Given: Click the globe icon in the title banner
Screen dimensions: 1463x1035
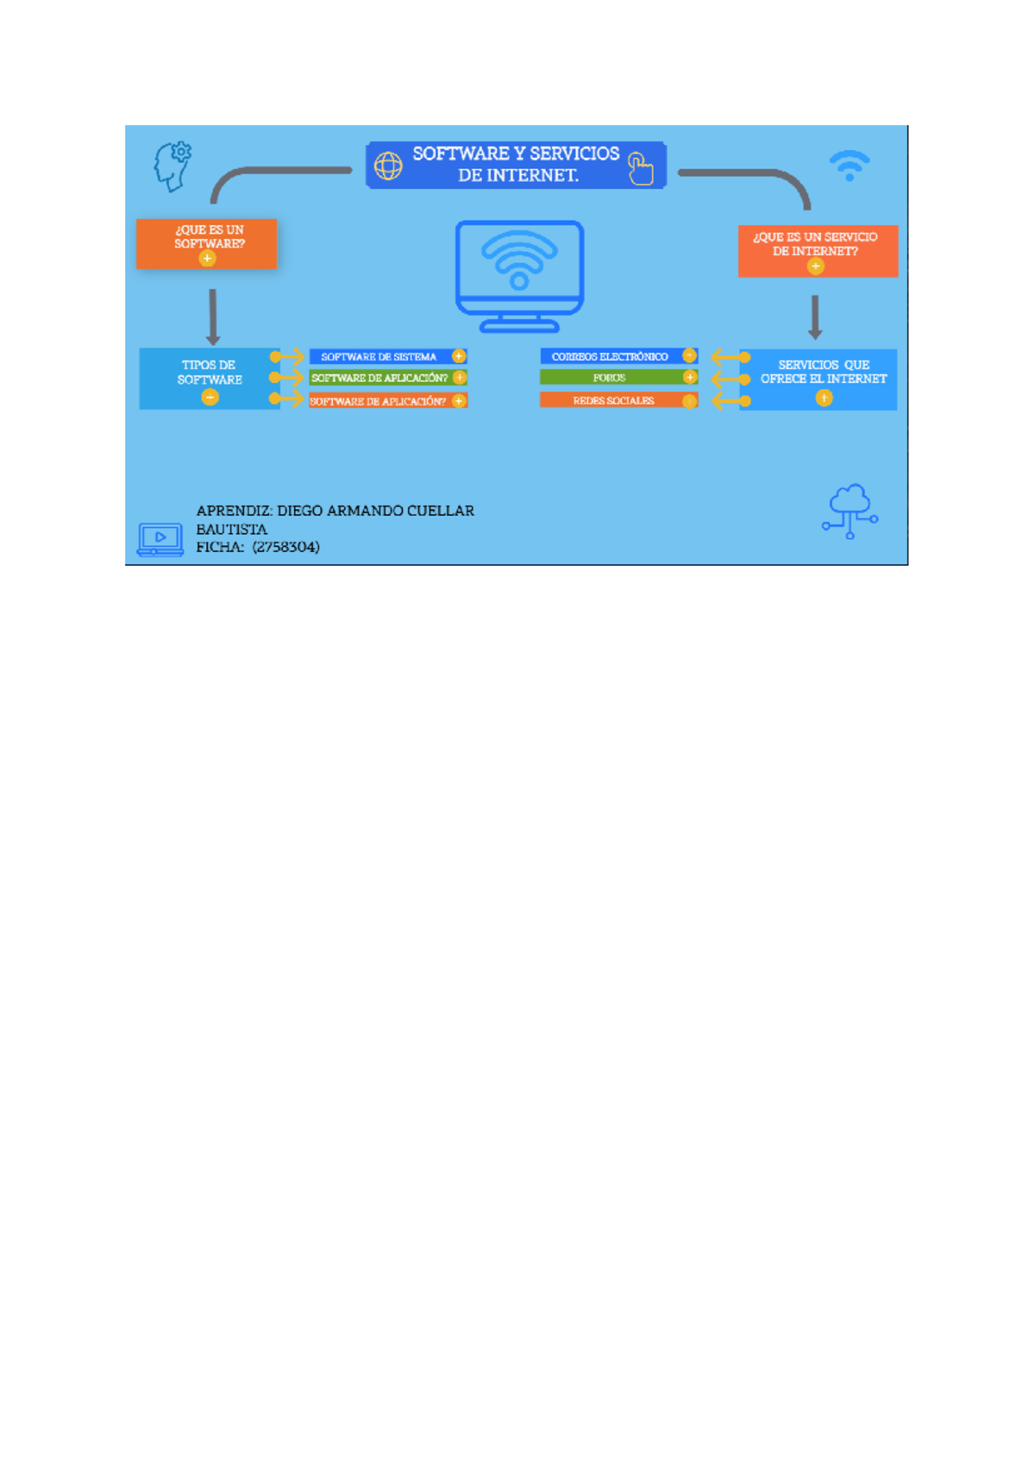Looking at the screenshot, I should (x=388, y=166).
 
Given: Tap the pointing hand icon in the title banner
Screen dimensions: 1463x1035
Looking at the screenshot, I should (x=640, y=168).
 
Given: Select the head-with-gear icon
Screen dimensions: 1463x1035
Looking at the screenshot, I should (x=172, y=166).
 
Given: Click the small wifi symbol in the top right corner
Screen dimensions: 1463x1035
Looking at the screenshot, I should (x=850, y=165).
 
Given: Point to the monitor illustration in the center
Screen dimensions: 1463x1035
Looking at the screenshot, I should (x=519, y=275).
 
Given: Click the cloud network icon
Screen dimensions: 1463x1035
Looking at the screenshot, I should (x=850, y=511).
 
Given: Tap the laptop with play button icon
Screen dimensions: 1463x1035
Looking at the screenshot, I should (x=160, y=539).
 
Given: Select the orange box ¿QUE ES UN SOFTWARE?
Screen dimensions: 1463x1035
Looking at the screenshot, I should (x=207, y=243).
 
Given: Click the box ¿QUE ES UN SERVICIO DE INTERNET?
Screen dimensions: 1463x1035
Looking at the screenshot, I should (x=818, y=250).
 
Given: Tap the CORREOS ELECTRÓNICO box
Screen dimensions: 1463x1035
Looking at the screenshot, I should (x=618, y=356).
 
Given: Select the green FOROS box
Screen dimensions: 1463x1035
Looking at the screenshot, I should (x=618, y=378).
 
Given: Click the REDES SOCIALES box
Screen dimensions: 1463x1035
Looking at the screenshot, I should (x=618, y=401).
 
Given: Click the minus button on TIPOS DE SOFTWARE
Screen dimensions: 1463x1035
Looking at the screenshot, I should (x=210, y=397).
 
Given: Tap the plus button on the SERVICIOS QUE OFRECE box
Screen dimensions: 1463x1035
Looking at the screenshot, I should (x=825, y=398).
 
